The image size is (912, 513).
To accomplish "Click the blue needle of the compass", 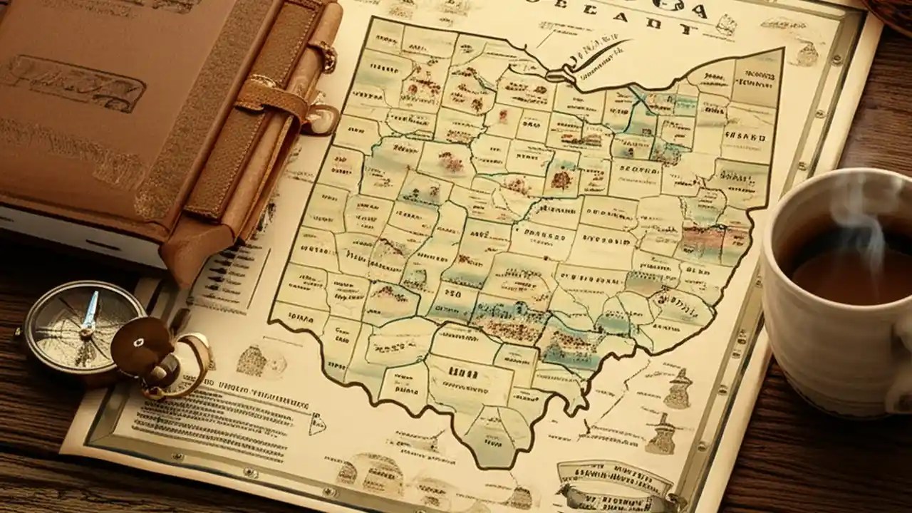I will tap(90, 313).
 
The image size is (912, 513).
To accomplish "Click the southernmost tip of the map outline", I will tap(492, 463).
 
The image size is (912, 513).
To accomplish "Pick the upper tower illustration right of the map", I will tap(678, 388).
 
